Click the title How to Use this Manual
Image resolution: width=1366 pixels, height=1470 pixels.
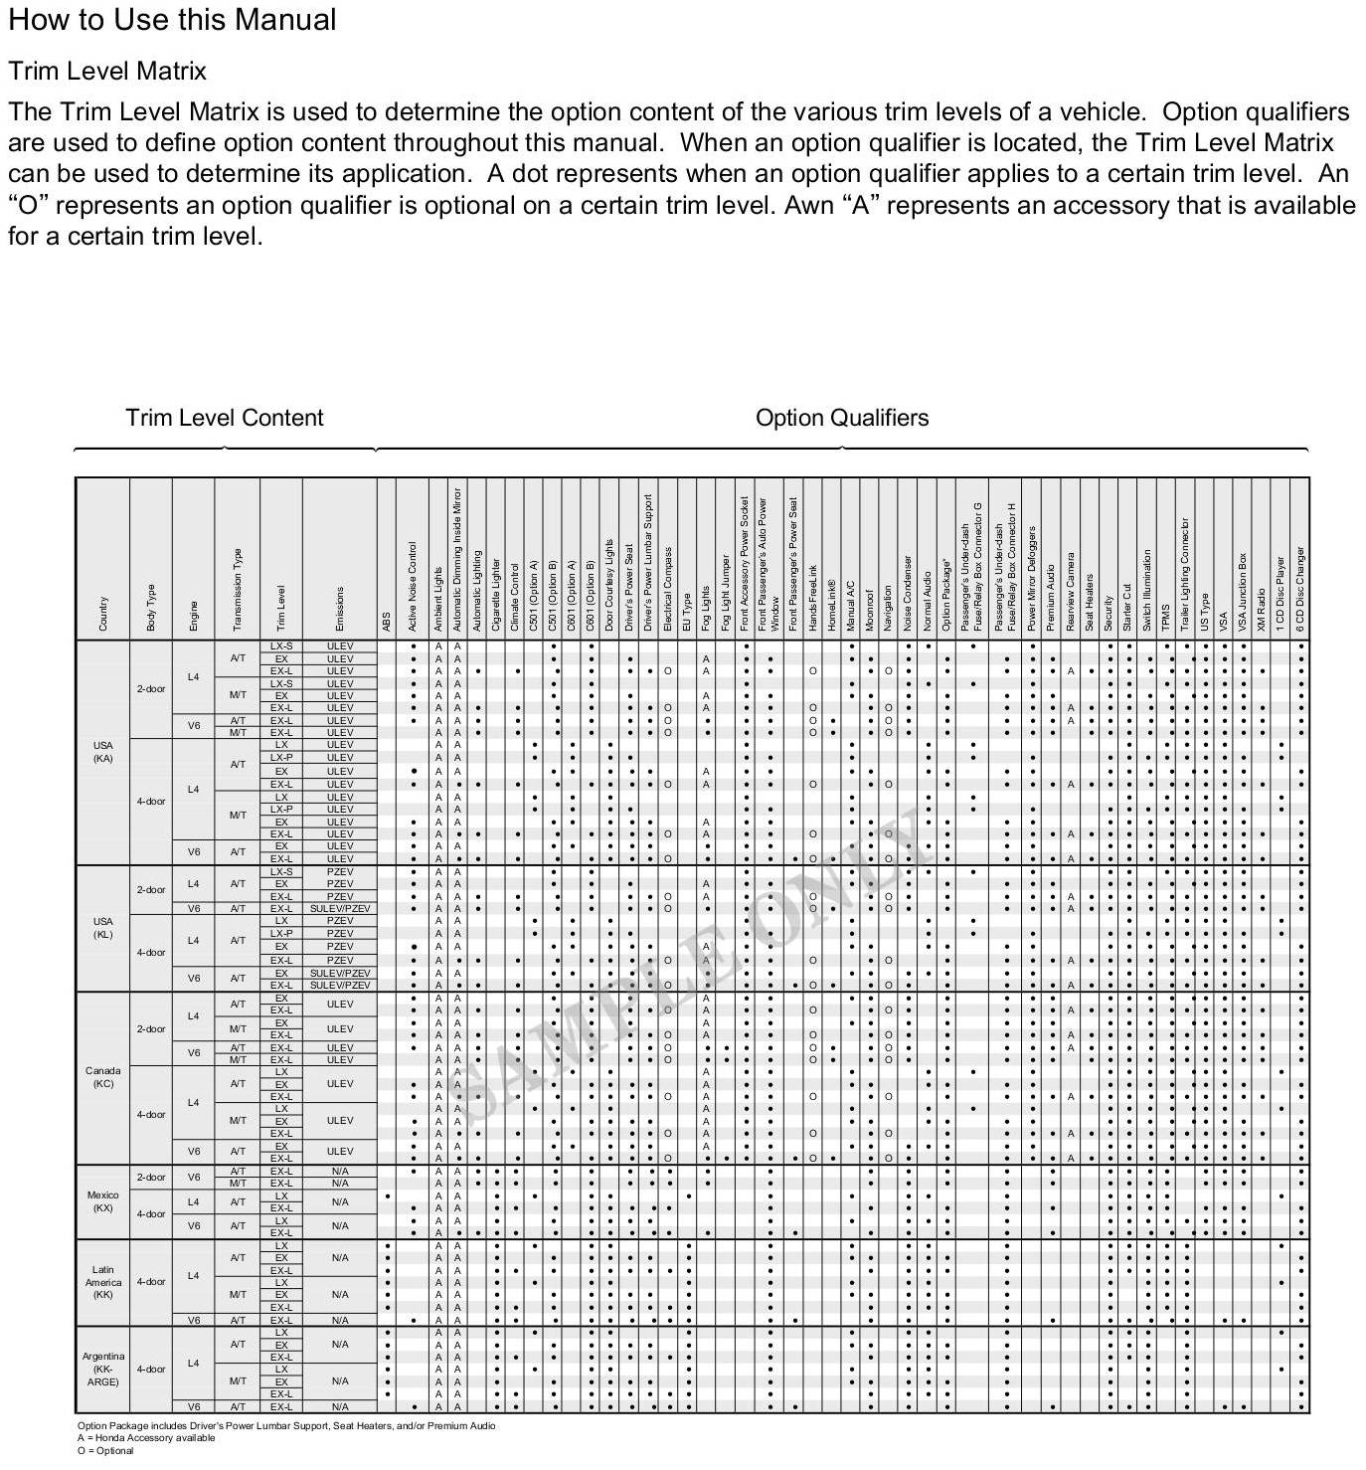coord(172,20)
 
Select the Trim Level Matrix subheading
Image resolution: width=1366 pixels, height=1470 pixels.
coord(107,72)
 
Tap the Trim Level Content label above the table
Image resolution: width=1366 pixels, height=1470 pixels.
coord(224,418)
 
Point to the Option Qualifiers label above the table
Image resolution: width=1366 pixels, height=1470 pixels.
coord(841,418)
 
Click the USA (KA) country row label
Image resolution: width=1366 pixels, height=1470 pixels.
coord(102,752)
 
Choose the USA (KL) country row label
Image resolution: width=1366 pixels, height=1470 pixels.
coord(102,928)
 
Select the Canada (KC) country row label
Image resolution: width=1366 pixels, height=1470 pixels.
coord(102,1077)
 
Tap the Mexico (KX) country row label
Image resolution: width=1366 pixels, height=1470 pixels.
coord(102,1201)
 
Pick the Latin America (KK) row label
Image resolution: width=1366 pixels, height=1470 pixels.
coord(102,1282)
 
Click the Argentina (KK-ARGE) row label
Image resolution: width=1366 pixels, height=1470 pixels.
coord(102,1369)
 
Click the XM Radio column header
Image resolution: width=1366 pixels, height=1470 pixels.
coord(1262,609)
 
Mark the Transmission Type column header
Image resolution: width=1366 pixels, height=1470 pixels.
coord(238,589)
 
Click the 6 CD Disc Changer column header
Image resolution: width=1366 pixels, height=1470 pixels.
coord(1300,589)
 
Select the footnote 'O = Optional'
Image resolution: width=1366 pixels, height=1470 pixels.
coord(105,1451)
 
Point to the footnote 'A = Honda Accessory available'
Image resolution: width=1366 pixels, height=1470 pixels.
coord(146,1438)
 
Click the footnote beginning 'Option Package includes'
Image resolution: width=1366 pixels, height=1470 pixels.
coord(286,1425)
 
